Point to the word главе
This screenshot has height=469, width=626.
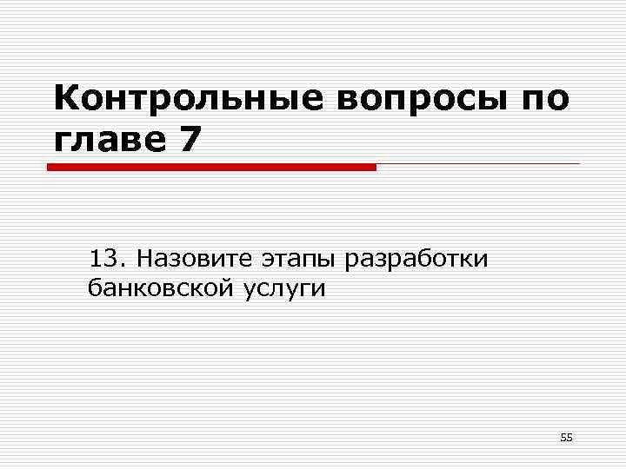tap(108, 139)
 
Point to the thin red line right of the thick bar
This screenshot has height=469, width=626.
tap(478, 164)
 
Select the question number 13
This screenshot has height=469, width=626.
tap(102, 259)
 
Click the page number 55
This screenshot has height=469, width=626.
tap(566, 438)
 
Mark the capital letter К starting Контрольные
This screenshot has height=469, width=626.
tap(66, 101)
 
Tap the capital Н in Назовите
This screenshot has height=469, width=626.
tap(144, 259)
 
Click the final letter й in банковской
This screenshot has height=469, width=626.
tap(227, 288)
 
